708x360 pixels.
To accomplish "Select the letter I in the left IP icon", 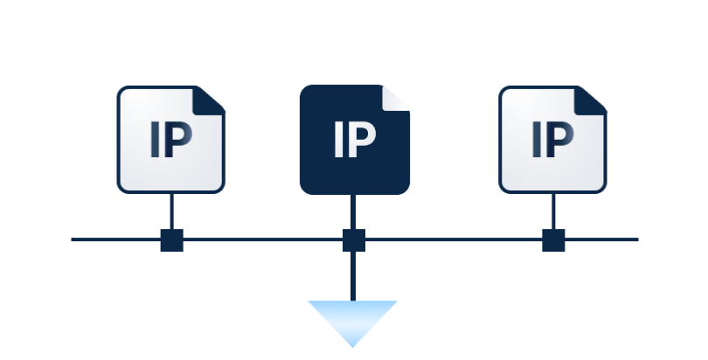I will coord(156,140).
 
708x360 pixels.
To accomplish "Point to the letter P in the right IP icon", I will coord(560,140).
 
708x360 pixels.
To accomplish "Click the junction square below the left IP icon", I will coord(172,240).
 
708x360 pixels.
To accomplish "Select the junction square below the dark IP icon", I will coord(353,240).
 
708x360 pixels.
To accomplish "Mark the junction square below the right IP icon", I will coord(553,240).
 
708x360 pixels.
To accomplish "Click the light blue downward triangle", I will coord(352,318).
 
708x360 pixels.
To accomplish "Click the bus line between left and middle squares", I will coord(262,239).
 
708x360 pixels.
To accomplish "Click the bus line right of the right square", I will coord(602,239).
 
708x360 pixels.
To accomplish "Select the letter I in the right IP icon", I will coord(537,140).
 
